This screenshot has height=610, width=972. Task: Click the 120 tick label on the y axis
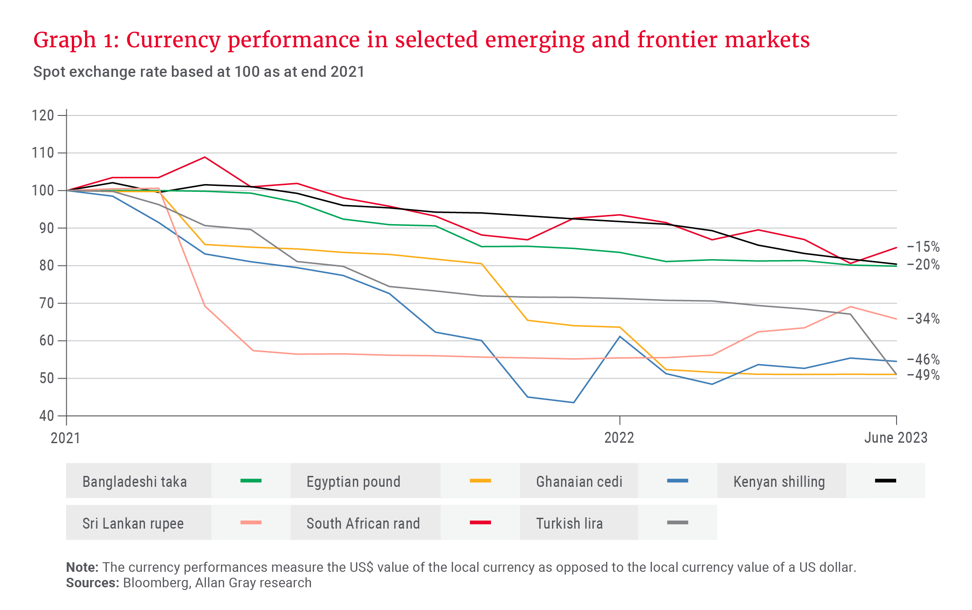(x=43, y=115)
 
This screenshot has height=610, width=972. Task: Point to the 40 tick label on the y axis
(x=46, y=415)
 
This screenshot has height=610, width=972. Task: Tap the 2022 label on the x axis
(x=619, y=438)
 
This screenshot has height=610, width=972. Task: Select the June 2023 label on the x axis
(x=896, y=438)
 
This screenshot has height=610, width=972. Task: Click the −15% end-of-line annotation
(x=923, y=247)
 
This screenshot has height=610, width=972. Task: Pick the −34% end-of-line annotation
(x=923, y=319)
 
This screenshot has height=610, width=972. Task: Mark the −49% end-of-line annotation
(x=923, y=375)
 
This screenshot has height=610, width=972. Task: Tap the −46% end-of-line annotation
(x=923, y=360)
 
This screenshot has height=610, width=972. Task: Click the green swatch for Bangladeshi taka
(x=251, y=480)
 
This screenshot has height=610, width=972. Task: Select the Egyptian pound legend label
(x=353, y=481)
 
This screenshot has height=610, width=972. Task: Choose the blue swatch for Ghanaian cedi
(x=677, y=480)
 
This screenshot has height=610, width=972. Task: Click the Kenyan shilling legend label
(x=779, y=481)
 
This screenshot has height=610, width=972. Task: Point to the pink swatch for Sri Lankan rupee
(x=251, y=522)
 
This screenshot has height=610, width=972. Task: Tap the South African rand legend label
(x=363, y=523)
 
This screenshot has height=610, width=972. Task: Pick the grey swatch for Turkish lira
(x=677, y=522)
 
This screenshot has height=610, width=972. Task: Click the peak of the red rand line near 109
(x=205, y=157)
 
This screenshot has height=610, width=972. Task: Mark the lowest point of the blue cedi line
(x=573, y=402)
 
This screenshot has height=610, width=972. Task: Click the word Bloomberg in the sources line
(x=156, y=583)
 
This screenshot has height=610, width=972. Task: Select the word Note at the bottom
(x=81, y=567)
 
